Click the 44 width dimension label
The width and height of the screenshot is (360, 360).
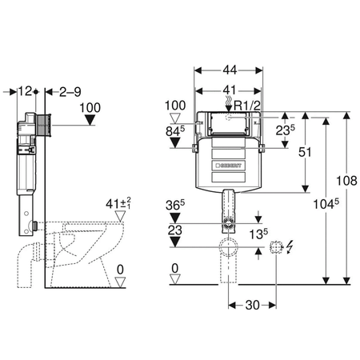[x=230, y=70]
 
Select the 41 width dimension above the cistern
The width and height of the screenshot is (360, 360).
[x=230, y=90]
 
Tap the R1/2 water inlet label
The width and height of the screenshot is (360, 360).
[x=247, y=106]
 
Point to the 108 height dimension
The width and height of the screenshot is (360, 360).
[x=346, y=181]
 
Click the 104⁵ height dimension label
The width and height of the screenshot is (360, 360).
[x=326, y=204]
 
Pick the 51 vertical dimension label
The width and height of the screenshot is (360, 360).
[x=305, y=152]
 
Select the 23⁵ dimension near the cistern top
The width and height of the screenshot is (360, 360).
[x=286, y=130]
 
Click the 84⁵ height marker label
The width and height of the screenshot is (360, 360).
[x=175, y=130]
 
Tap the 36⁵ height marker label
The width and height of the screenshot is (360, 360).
[x=175, y=205]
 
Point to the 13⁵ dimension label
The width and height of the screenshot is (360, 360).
[x=258, y=234]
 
